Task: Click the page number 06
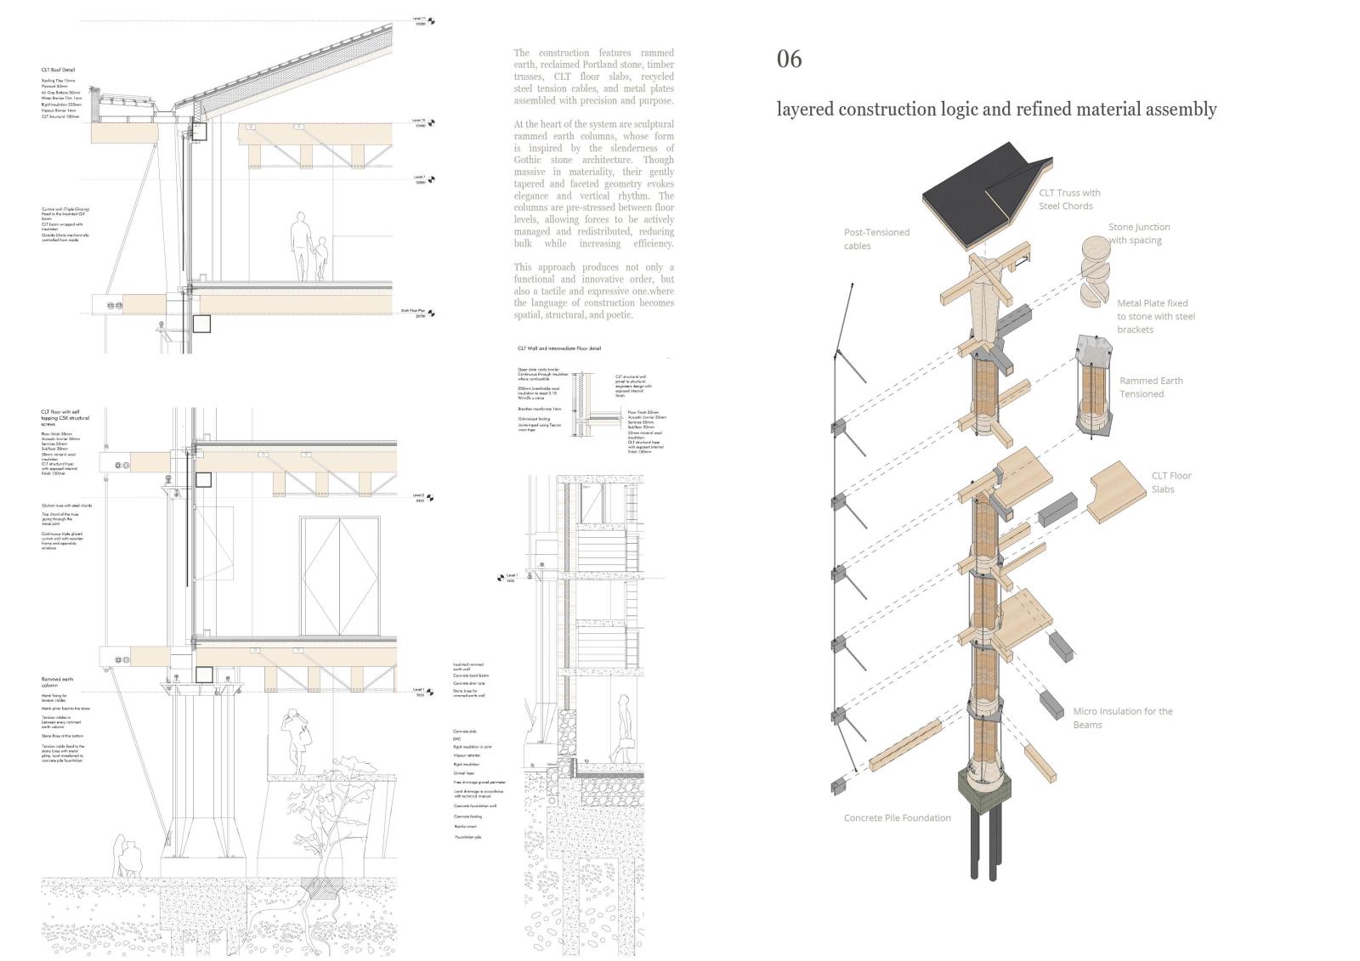789,59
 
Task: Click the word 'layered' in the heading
804,110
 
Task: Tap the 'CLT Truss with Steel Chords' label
1069,199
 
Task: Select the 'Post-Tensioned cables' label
875,239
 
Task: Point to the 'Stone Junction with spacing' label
1138,234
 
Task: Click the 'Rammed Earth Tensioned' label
1150,387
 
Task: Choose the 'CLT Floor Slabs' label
1170,482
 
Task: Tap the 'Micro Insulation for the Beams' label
1122,718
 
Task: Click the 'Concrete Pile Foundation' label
897,817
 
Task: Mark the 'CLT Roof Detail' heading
59,70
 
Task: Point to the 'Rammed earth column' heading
57,682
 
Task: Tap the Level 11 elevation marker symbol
431,21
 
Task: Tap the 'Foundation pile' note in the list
467,837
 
